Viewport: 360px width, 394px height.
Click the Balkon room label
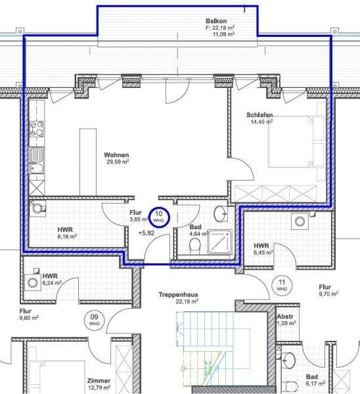216,21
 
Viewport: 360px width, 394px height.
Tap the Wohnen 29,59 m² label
117,158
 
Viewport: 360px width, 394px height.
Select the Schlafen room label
259,115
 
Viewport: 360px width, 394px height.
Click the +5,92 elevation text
146,233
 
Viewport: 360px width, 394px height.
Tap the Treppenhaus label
178,294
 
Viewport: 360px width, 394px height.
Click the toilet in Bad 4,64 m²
195,245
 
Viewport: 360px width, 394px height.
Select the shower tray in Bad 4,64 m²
219,242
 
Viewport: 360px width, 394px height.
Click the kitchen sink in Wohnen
37,155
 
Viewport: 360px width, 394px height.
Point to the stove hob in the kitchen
37,129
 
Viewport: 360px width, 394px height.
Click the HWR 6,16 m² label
67,233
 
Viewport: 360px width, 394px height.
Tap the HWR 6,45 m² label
263,249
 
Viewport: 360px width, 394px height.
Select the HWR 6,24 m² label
52,280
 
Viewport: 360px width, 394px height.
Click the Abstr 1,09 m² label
286,320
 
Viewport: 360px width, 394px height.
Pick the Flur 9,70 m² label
328,290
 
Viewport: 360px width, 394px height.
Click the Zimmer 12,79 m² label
99,384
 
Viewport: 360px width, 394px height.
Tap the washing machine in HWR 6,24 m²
33,282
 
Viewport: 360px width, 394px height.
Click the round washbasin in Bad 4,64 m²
221,213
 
